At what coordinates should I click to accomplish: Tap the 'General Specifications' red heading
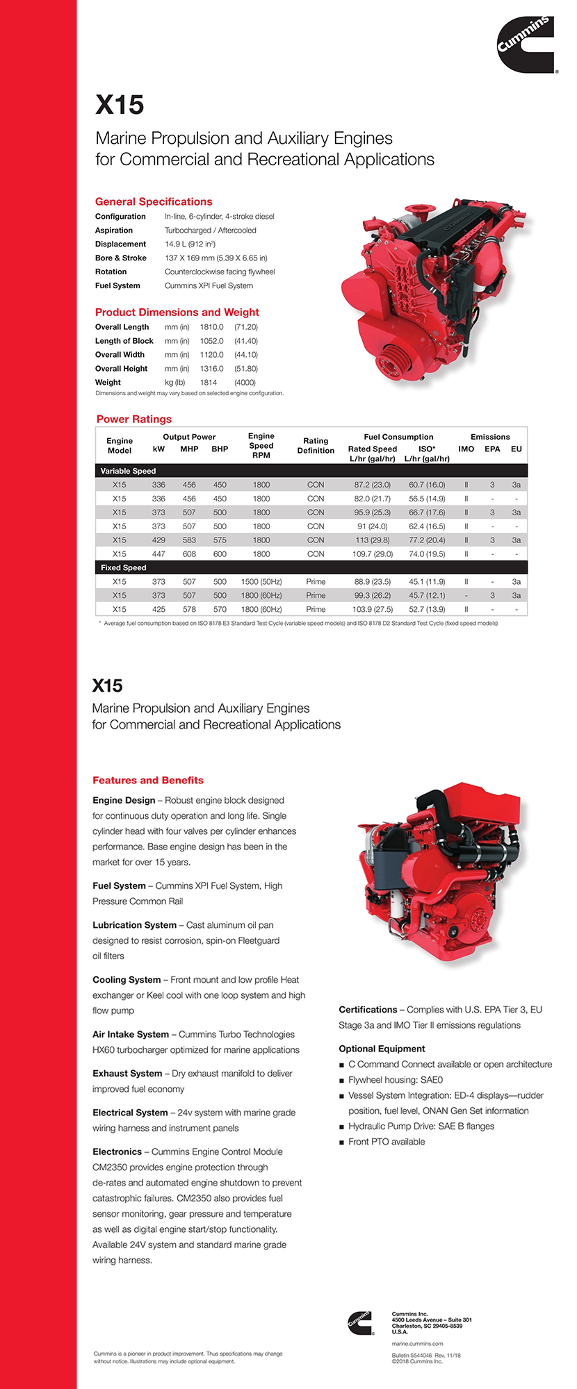point(154,201)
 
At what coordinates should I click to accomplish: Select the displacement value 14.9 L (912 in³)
point(190,244)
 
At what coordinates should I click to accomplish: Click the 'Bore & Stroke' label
point(121,258)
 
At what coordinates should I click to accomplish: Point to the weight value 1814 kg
point(209,382)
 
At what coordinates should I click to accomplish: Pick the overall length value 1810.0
point(212,327)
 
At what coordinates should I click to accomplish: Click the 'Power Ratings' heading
point(134,419)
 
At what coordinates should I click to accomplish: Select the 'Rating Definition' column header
point(316,445)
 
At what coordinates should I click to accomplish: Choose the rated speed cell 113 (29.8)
point(372,540)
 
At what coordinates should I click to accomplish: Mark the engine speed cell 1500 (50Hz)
point(261,582)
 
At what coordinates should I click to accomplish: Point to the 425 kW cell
point(159,609)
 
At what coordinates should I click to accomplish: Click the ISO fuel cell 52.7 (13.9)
point(427,609)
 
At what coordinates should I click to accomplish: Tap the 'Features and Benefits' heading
point(148,780)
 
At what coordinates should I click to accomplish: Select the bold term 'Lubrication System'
point(134,925)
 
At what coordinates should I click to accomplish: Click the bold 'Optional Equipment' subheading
point(382,1049)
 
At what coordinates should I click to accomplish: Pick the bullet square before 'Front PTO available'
point(342,1142)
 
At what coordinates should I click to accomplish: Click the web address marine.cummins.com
point(417,1344)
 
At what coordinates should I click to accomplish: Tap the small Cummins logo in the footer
point(361,1322)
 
